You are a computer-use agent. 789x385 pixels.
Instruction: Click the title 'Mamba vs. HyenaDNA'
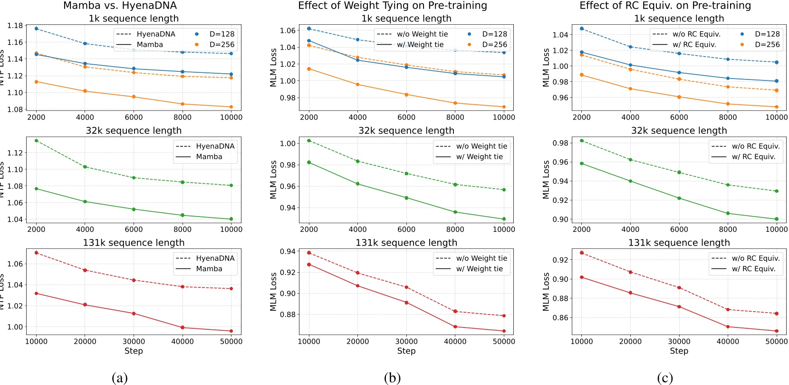point(120,6)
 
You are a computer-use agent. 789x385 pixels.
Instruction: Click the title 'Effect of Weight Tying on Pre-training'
point(392,6)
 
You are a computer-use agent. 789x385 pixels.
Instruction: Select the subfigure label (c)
point(664,378)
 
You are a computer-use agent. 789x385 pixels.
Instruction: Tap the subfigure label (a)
point(119,378)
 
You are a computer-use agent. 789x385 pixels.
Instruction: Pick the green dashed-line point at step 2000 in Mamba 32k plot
point(36,140)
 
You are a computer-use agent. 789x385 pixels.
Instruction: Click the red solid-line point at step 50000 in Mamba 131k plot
point(231,331)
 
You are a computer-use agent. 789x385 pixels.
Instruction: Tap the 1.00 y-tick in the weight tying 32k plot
point(288,143)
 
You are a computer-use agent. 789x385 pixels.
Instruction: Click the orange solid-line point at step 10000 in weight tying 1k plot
point(504,107)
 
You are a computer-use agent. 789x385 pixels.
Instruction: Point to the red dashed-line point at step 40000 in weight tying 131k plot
point(455,311)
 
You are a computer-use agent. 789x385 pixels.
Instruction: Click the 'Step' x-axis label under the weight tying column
point(406,351)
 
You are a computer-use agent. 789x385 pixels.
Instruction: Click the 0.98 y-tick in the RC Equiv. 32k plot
point(560,143)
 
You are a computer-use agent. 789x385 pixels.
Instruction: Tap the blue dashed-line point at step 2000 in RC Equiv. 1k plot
point(582,29)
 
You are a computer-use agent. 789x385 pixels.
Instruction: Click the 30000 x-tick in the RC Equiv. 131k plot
point(679,341)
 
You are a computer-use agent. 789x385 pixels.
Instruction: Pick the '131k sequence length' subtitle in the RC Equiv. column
point(679,243)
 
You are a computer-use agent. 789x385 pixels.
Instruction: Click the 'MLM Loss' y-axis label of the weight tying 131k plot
point(273,292)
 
